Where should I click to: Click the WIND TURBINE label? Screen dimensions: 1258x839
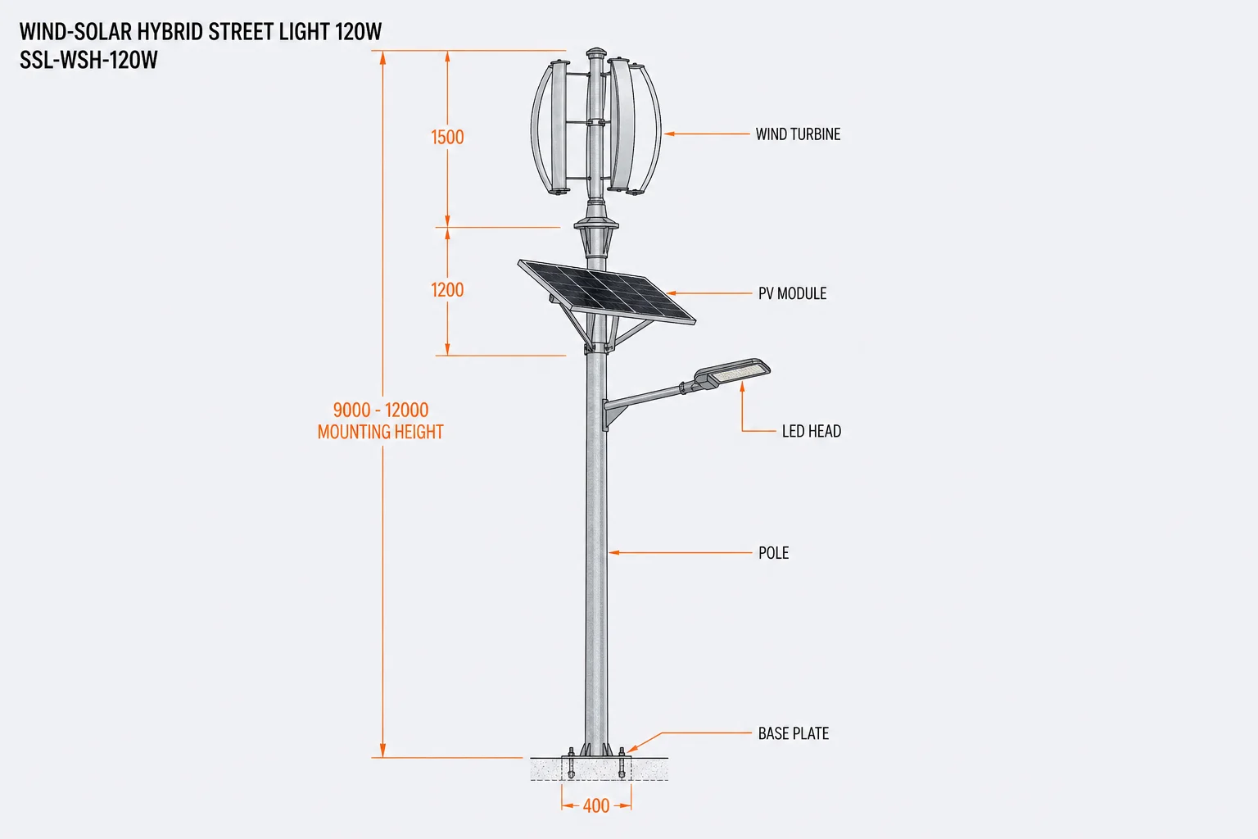tap(798, 134)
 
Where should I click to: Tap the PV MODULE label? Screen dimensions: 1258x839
tap(793, 293)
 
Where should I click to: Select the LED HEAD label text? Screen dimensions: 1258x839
tap(812, 431)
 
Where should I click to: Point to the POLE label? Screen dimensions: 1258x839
tap(773, 553)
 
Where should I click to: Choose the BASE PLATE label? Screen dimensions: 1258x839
tap(794, 733)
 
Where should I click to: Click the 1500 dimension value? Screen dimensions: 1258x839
tap(447, 137)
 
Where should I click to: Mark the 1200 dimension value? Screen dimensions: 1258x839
tap(447, 290)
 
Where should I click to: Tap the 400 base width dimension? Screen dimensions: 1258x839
tap(596, 806)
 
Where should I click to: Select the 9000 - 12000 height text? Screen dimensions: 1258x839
tap(381, 410)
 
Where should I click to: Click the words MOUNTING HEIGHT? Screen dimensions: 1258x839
tap(381, 432)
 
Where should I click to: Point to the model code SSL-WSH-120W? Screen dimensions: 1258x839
tap(88, 60)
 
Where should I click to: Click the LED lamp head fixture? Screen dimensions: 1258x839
tap(732, 373)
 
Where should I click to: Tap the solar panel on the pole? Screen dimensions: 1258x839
tap(607, 292)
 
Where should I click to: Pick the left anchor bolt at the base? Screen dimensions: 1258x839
tap(571, 763)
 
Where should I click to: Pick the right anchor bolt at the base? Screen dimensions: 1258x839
tap(621, 763)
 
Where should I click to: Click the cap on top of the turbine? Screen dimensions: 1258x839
tap(596, 53)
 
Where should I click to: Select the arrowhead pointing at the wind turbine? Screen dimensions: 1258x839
tap(669, 134)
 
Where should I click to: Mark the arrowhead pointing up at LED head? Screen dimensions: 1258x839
tap(743, 386)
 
